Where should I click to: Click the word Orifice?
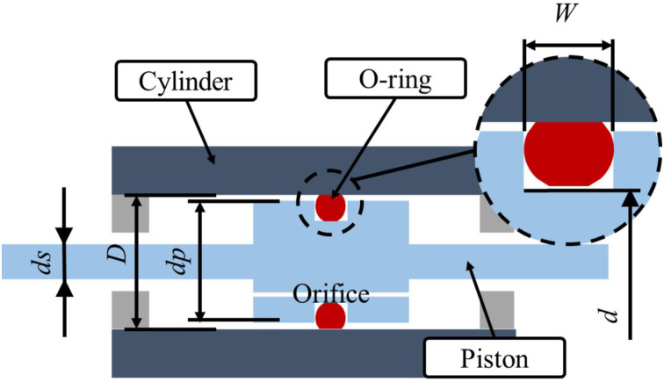(x=329, y=286)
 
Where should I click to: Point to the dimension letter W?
(x=567, y=16)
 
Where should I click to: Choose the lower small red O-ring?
(x=330, y=315)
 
